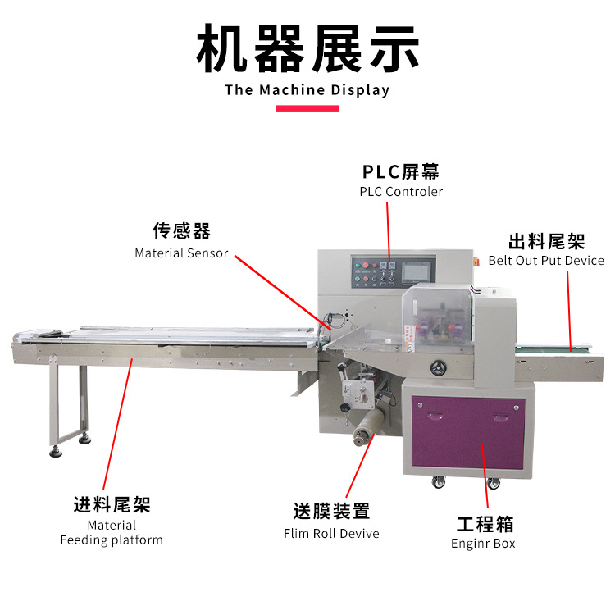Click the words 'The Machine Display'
[307, 90]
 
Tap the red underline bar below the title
[307, 108]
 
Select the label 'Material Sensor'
[181, 253]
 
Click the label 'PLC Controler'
[401, 192]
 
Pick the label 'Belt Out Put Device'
[546, 261]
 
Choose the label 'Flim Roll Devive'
[331, 533]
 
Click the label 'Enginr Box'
[483, 543]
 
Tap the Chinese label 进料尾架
[112, 504]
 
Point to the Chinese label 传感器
[181, 232]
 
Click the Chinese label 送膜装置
[331, 512]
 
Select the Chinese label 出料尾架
[546, 242]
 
